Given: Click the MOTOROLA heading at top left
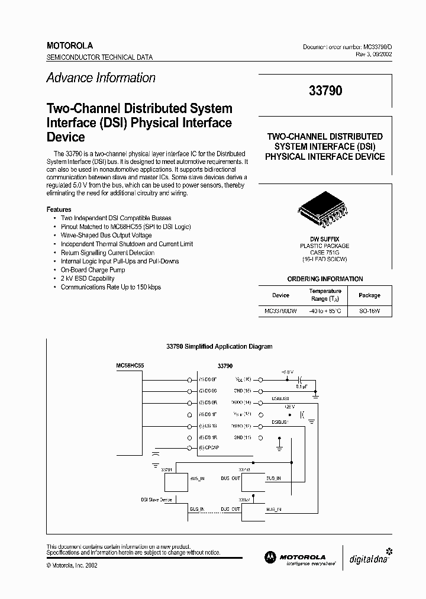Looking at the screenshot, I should pos(70,46).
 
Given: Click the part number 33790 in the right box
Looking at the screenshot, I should pos(325,91).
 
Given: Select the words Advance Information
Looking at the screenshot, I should pos(101,78).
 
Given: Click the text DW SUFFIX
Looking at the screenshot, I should pos(325,239).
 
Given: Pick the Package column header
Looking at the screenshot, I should pos(370,295).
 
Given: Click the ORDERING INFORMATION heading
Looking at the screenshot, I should pos(325,279).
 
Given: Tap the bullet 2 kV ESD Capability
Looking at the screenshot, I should pos(88,278).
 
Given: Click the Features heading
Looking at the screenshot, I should pos(59,210).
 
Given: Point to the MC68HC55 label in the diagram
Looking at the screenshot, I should pos(130,366).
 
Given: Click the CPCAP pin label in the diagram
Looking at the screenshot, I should pos(209,448).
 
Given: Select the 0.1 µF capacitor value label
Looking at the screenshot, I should pos(301,387).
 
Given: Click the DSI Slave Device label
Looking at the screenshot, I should pos(156,500).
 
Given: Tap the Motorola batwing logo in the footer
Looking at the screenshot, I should pos(270,557).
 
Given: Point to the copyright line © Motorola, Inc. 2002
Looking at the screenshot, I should pos(72,565).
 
